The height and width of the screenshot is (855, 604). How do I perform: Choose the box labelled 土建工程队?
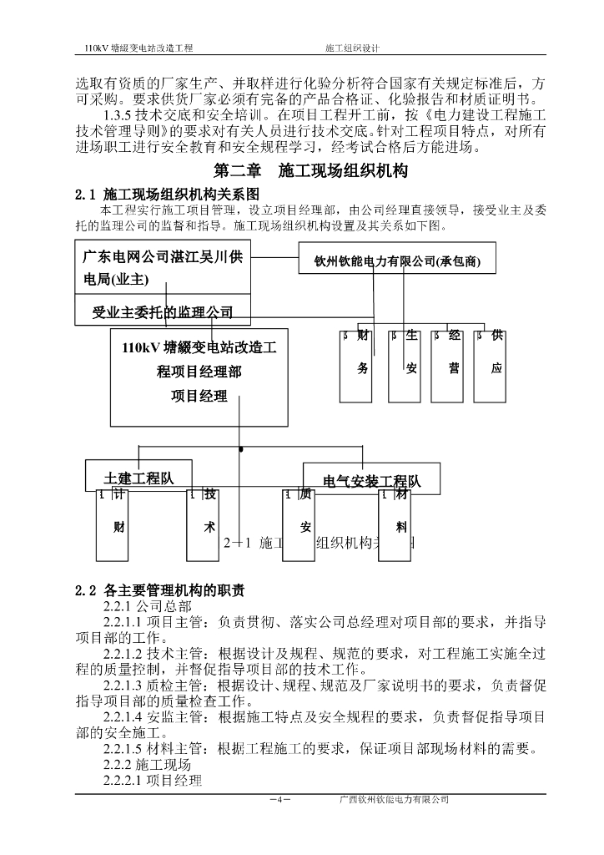[138, 477]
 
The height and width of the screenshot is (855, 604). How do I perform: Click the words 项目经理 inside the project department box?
[199, 397]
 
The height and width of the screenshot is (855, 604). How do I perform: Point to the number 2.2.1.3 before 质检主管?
[127, 686]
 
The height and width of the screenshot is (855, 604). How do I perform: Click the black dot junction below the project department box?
[241, 450]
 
